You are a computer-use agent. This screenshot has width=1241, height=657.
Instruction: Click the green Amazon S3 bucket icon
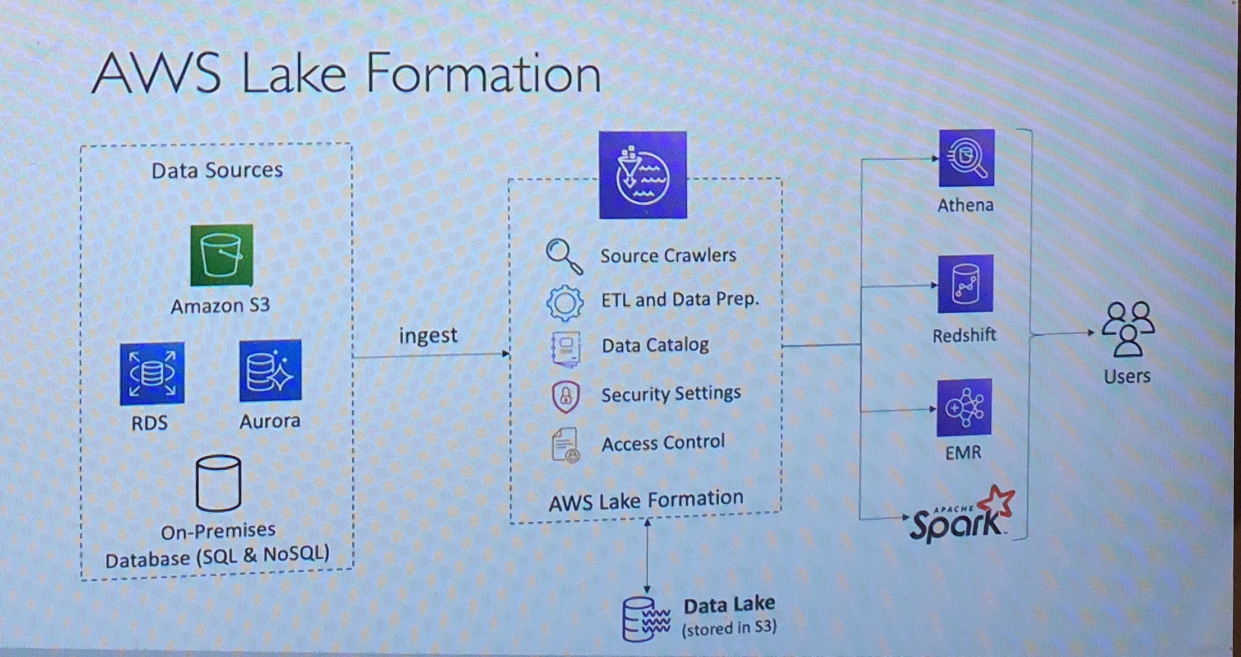[x=222, y=256]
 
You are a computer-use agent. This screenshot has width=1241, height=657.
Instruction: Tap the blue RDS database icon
[x=152, y=373]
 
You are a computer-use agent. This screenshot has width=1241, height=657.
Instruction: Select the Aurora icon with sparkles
[x=270, y=371]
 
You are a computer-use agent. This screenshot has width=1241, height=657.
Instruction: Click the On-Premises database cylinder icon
[x=219, y=483]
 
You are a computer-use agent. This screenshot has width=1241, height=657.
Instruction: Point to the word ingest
[x=428, y=335]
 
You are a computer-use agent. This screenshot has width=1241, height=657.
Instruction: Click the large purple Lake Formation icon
[x=643, y=175]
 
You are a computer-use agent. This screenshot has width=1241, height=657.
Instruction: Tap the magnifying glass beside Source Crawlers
[x=564, y=256]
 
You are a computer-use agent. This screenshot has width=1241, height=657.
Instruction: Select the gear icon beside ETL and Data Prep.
[x=565, y=303]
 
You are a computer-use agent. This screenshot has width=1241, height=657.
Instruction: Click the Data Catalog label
[x=655, y=345]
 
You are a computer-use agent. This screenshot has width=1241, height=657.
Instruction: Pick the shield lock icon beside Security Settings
[x=566, y=396]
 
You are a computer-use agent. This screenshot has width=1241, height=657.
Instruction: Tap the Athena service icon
[x=966, y=158]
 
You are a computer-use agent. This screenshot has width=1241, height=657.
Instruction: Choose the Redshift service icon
[x=965, y=284]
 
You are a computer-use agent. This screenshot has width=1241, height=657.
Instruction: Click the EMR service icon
[x=964, y=408]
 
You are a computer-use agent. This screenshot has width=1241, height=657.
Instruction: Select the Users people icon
[x=1128, y=330]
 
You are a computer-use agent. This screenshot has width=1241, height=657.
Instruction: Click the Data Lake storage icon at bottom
[x=646, y=619]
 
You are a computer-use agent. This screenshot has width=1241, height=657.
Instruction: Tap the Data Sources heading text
[x=217, y=170]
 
